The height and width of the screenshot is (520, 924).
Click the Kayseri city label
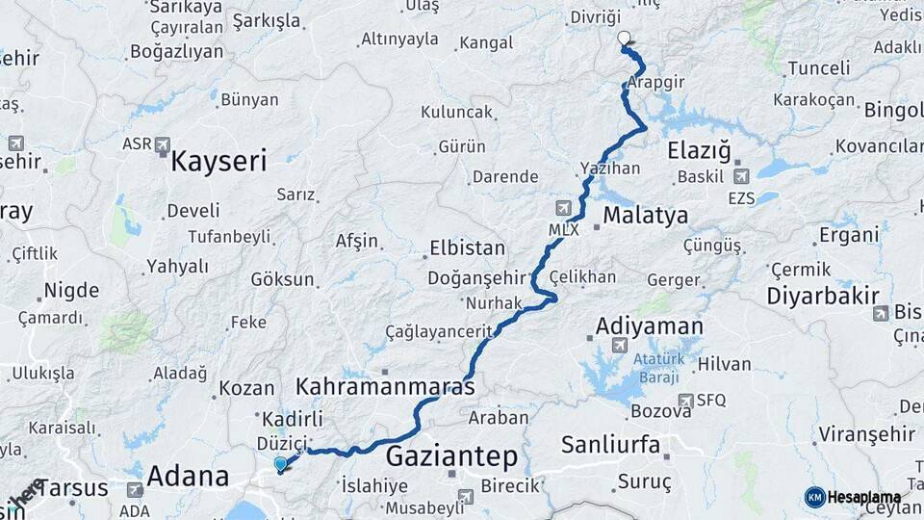point(218,161)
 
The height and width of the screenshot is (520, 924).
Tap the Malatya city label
point(646,214)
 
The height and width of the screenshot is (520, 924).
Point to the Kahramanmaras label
point(385,387)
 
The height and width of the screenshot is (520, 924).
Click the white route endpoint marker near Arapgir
point(624,39)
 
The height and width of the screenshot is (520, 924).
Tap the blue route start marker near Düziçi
point(280,464)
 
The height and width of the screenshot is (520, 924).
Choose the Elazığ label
point(700,150)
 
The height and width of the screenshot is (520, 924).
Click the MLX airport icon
point(564,208)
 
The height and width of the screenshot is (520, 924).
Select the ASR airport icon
point(161,144)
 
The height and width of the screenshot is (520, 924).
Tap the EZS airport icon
point(740,176)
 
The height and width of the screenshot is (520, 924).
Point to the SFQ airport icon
point(685,400)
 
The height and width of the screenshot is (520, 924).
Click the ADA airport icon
point(135,489)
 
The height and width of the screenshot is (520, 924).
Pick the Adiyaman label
point(649,326)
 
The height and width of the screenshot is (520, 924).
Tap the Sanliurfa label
point(610,444)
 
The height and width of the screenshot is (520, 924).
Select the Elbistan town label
point(467,247)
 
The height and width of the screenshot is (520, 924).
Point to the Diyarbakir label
point(824,296)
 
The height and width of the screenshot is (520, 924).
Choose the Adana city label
point(188,476)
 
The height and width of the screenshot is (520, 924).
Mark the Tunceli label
point(818,68)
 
